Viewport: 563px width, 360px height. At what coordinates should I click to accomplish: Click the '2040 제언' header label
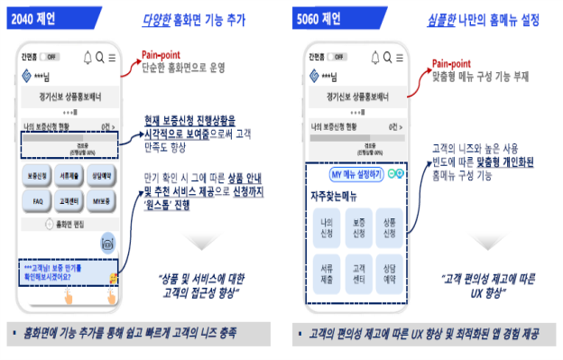tap(32, 17)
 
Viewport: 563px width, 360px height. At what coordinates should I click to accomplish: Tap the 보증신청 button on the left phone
tap(37, 176)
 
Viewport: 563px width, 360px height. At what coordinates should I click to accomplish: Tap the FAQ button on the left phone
tap(37, 200)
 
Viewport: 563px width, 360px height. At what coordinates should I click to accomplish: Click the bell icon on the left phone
tap(88, 58)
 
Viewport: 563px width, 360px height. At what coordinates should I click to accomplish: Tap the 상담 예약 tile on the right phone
tap(390, 273)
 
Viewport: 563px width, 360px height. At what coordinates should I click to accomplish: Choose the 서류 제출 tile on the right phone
tap(326, 273)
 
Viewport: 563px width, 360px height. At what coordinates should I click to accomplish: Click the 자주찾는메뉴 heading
tap(337, 194)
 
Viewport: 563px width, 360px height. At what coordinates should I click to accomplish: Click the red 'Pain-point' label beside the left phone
tap(163, 56)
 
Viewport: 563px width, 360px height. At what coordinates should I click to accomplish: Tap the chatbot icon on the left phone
tap(107, 242)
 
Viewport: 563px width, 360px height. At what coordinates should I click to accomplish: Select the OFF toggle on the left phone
tap(53, 57)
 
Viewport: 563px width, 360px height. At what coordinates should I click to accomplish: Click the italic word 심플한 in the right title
tap(442, 18)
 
